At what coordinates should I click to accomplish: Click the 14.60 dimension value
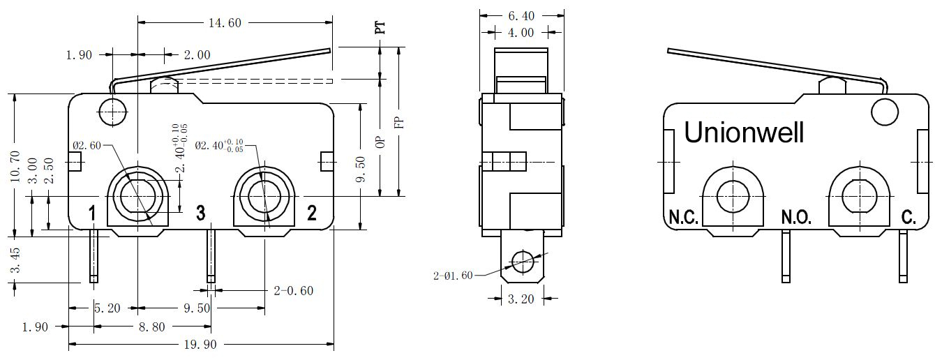coord(225,22)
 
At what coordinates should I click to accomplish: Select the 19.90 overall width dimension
coord(200,345)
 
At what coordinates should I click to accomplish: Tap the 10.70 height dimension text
coord(15,167)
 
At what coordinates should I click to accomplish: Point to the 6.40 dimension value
coord(521,16)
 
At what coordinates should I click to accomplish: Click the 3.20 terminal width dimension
coord(521,299)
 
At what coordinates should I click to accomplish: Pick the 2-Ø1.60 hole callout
coord(453,276)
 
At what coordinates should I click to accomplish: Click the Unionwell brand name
coord(744,133)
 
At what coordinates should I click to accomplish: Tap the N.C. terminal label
coord(683,217)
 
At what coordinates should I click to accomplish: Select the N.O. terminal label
coord(796,217)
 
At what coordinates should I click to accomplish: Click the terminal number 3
coord(201,213)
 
